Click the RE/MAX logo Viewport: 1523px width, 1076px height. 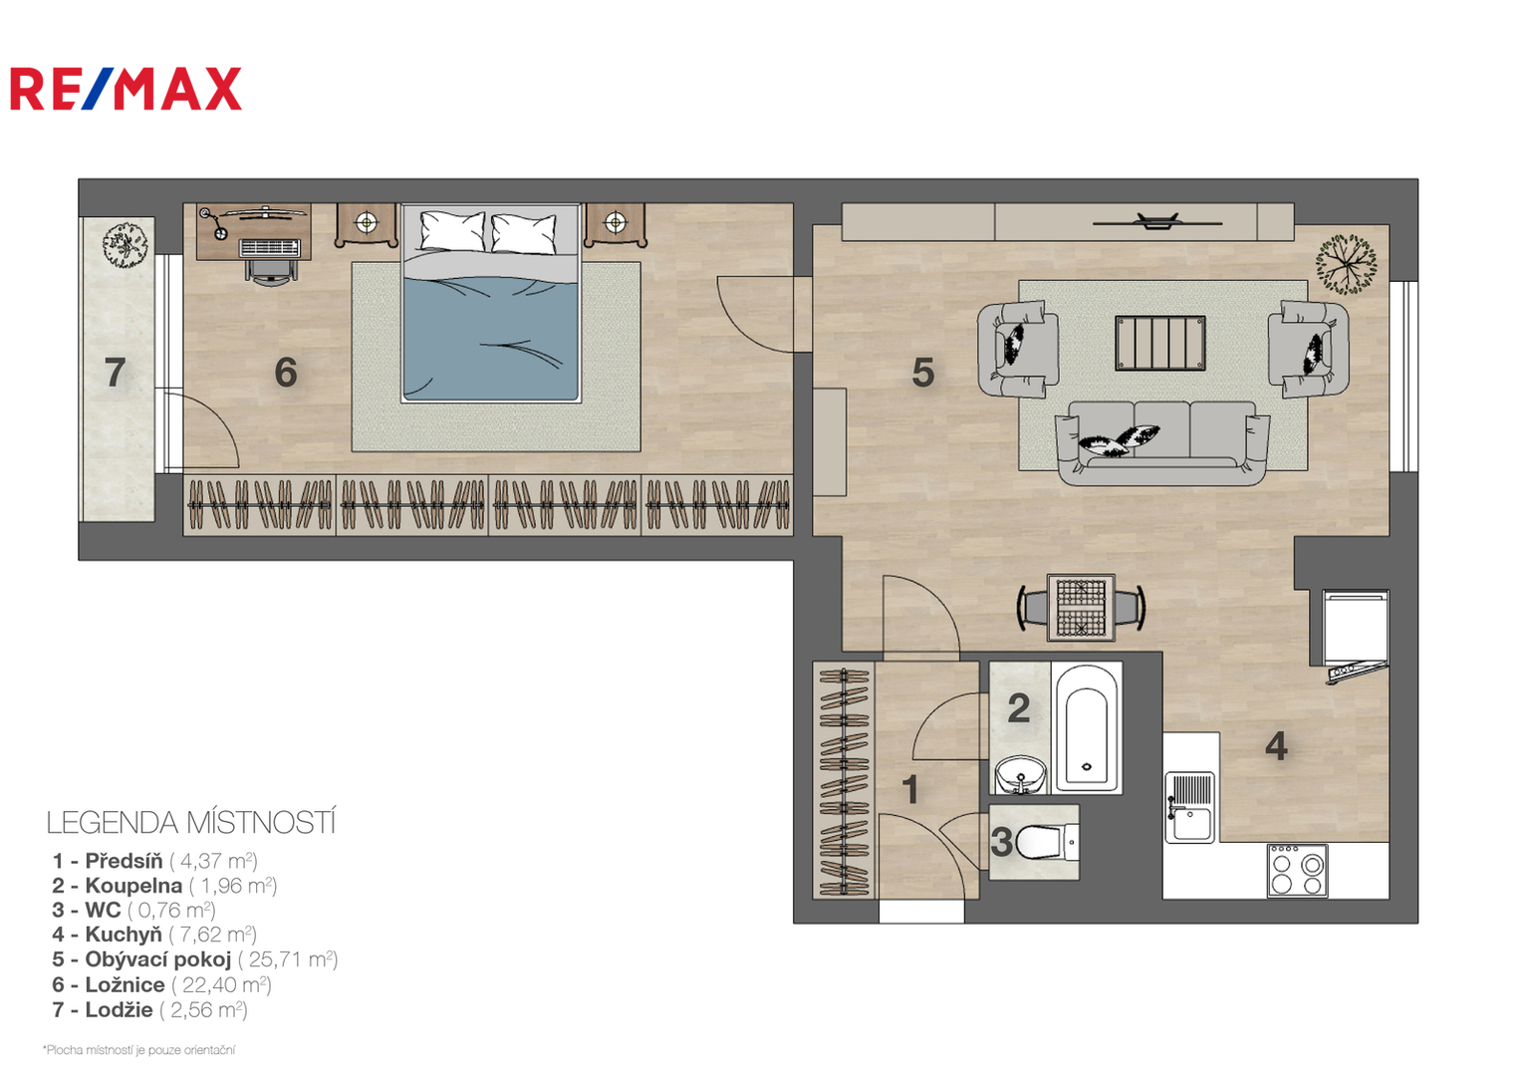tap(126, 89)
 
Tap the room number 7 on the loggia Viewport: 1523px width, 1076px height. tap(115, 373)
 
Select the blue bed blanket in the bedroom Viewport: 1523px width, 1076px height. tap(491, 338)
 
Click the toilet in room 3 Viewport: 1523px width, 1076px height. tap(1046, 842)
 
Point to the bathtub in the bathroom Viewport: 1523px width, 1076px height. tap(1087, 728)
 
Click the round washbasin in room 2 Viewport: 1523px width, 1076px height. tap(1021, 775)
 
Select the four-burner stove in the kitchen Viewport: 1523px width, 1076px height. tap(1297, 871)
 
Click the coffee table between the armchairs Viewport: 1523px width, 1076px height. tap(1159, 344)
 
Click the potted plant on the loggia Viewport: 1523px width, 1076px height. tap(126, 243)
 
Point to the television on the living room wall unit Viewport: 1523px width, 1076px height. tap(1157, 221)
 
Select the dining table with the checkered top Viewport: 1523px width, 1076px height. tap(1081, 608)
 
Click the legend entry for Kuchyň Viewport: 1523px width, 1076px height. tap(154, 935)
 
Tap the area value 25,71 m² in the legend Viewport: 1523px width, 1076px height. tap(287, 959)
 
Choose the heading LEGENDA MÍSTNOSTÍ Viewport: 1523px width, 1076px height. tap(191, 823)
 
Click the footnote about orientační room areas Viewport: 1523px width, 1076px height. tap(139, 1050)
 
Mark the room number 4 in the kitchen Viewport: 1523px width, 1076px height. tap(1276, 747)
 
